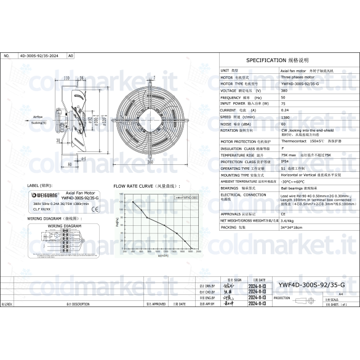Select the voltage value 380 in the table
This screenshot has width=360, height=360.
[x=284, y=90]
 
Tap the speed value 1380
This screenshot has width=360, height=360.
[x=286, y=117]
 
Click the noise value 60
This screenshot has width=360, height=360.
[x=284, y=124]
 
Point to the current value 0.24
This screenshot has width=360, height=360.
[x=285, y=110]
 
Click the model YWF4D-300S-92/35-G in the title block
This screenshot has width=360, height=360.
[x=311, y=286]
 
